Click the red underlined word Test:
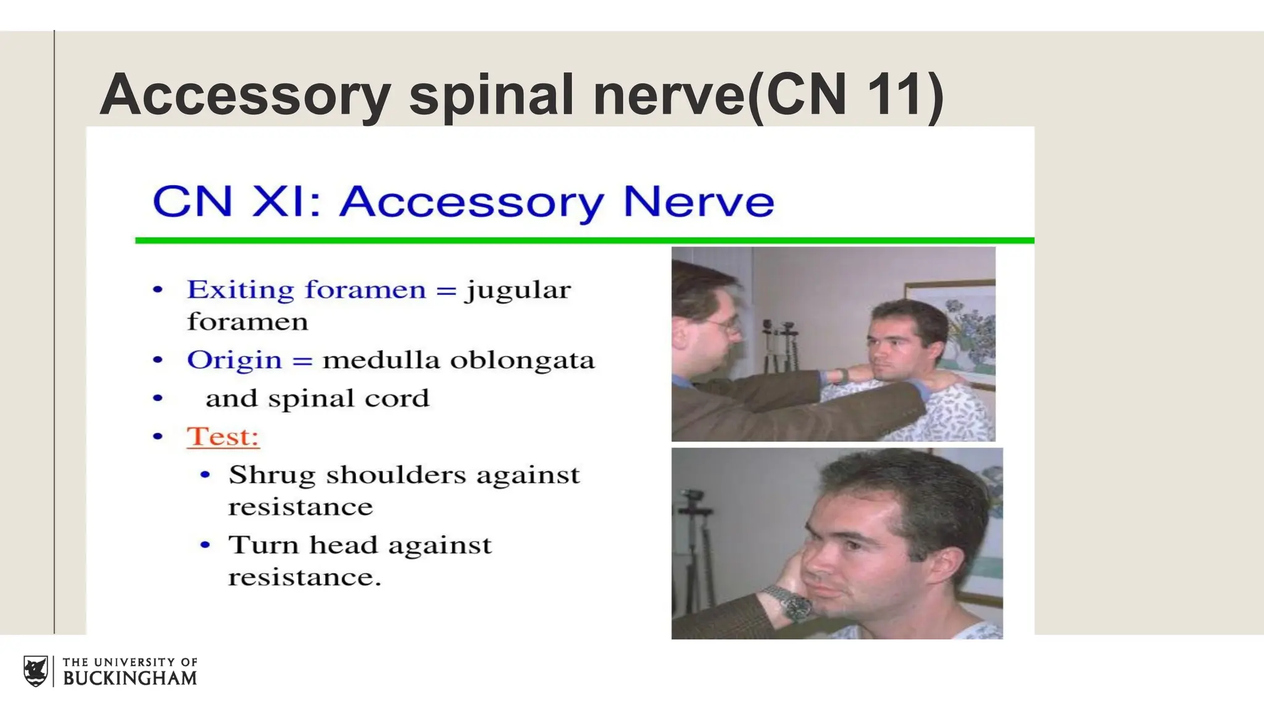pos(223,436)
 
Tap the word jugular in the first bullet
pos(518,290)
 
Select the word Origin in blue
pos(234,360)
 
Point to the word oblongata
pos(522,360)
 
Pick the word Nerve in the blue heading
pos(698,202)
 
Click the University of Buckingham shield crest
pos(36,671)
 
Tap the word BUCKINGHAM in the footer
pos(130,678)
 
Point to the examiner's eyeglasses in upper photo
pos(726,323)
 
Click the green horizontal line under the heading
pos(584,240)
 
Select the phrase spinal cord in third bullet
pos(348,399)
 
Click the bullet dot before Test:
pos(158,436)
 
